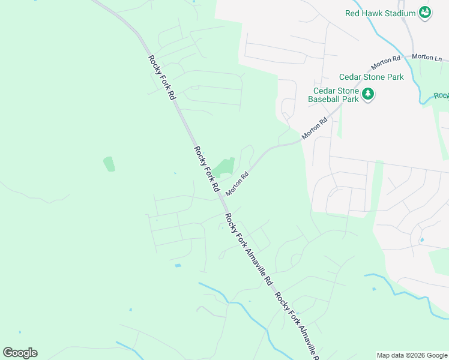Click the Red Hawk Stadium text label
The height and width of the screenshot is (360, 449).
pos(381,13)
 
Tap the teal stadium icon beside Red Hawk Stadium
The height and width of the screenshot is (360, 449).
pos(425,13)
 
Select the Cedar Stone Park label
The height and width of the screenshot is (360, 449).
pos(371,77)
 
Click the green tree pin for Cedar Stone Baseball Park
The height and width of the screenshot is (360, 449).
pos(368,94)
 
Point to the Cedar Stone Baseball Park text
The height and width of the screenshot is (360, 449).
pos(333,95)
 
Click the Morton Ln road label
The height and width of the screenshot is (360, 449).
pos(427,57)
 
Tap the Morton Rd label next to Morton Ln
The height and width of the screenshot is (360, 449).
pos(385,61)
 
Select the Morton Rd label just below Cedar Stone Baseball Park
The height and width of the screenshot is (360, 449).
pos(315,128)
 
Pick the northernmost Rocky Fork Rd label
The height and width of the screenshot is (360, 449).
pos(162,77)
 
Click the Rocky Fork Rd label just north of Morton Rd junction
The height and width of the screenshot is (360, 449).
pos(206,169)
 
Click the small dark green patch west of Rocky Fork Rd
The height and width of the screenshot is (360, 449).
pos(109,164)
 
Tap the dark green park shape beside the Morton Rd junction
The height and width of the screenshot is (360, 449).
pos(224,167)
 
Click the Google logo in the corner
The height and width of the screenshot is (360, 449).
pos(20,353)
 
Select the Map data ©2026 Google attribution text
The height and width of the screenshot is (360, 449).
pos(411,355)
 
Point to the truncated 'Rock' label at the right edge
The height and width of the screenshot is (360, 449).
pos(441,95)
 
